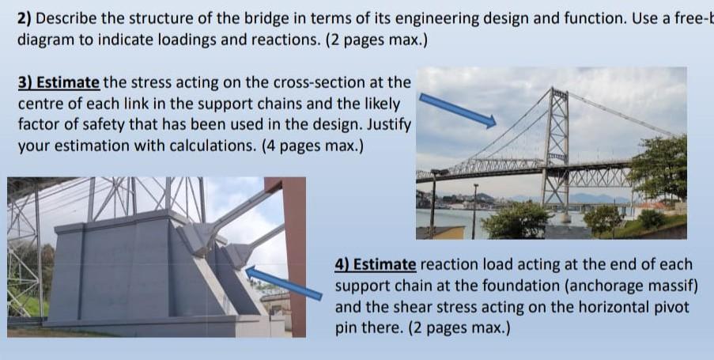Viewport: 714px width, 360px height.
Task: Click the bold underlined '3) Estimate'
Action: click(59, 82)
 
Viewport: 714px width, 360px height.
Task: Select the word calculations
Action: click(213, 146)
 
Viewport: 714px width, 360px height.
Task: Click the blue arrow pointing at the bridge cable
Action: click(457, 110)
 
